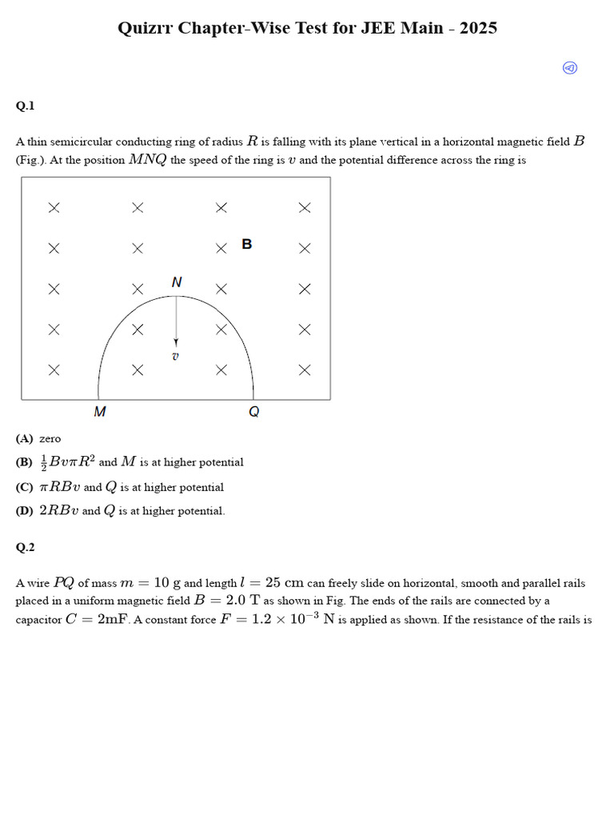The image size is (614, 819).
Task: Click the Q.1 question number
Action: (25, 106)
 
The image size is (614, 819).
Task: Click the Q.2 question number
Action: (25, 547)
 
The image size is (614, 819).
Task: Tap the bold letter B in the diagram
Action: (247, 244)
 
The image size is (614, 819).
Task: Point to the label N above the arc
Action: (177, 282)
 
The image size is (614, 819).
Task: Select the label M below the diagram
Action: (100, 412)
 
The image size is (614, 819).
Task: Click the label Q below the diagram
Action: (254, 412)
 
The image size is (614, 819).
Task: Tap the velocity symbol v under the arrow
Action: (176, 356)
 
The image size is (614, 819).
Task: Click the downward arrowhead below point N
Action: (176, 342)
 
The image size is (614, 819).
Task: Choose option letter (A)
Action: (25, 438)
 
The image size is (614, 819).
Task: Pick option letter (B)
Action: (25, 462)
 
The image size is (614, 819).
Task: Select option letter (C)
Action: (25, 487)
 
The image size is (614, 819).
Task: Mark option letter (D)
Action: (25, 511)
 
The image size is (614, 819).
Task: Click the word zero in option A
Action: (50, 438)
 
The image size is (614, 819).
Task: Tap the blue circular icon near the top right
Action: (570, 68)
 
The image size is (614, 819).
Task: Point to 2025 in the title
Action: (478, 28)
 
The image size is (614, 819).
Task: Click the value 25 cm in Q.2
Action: (284, 583)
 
